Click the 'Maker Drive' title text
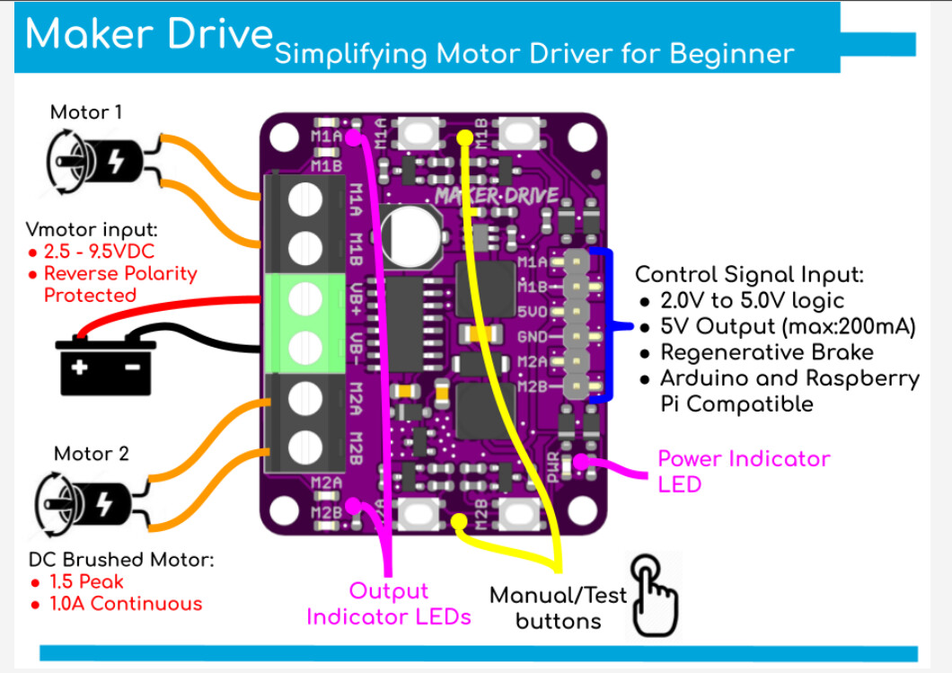point(149,33)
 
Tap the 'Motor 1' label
point(86,112)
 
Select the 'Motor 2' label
point(91,454)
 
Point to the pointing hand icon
point(654,595)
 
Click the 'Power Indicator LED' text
point(744,472)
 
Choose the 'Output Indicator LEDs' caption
point(389,604)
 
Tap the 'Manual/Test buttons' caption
point(558,608)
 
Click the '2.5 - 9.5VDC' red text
point(99,252)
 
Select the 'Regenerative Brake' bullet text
point(767,352)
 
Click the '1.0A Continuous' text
point(126,604)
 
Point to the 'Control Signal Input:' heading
point(749,275)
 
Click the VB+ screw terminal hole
point(304,299)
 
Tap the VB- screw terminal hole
point(304,348)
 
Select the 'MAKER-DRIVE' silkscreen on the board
point(497,196)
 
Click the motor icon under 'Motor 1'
point(95,162)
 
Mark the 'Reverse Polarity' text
point(120,274)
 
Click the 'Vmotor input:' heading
point(92,230)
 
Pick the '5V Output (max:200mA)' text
point(788,327)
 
